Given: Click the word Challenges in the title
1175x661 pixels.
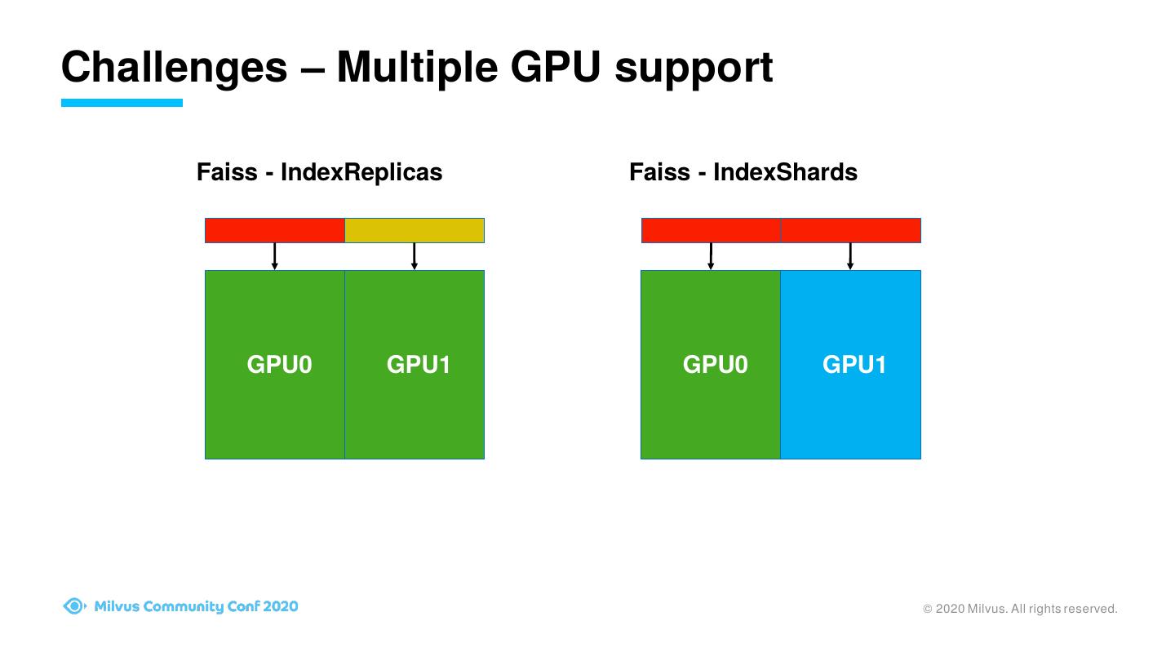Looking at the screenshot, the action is (x=175, y=67).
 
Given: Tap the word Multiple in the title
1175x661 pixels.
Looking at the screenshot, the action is (x=418, y=67).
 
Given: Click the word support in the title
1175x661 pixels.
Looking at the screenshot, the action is (x=694, y=69).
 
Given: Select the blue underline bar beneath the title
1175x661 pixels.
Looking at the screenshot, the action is (x=122, y=103).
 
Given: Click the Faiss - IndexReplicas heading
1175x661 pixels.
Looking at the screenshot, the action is (x=319, y=172).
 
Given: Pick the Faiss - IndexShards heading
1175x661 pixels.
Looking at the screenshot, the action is (x=743, y=172).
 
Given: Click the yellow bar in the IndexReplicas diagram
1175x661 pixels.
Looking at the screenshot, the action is (x=415, y=230).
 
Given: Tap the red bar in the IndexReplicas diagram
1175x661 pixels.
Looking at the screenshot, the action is (x=274, y=230).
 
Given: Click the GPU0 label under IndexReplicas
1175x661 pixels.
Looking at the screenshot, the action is (x=279, y=364).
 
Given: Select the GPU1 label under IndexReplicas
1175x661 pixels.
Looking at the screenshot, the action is (x=419, y=364).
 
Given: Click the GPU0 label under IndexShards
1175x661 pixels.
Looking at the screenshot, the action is (x=715, y=364).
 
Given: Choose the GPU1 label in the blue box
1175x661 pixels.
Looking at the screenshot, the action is (x=854, y=364).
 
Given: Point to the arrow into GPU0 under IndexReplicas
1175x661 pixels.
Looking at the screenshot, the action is (x=275, y=256).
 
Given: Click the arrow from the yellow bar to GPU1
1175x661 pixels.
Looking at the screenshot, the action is (x=415, y=256).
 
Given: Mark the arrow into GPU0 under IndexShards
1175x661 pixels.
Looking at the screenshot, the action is (x=711, y=256).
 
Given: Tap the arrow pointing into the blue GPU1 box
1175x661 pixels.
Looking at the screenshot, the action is (x=850, y=256).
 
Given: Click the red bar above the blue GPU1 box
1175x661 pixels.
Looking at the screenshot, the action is (x=850, y=230).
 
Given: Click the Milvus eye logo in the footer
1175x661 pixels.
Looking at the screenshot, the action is (x=74, y=606).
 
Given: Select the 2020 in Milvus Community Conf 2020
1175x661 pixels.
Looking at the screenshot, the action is (x=281, y=606).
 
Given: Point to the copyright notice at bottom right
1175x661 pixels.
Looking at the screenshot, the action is (x=1020, y=609).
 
